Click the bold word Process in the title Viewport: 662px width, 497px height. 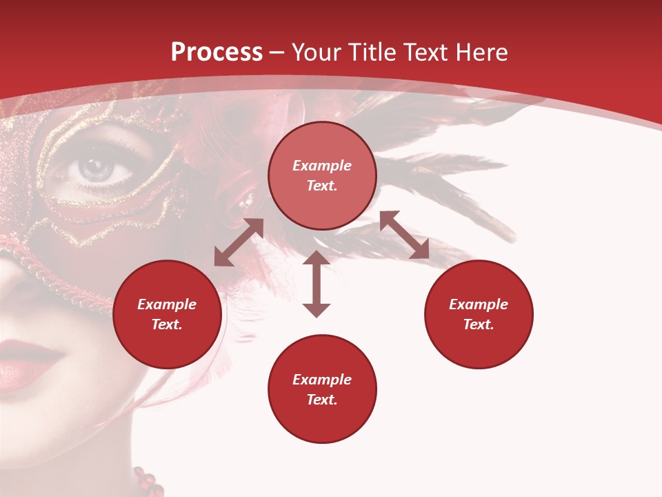[217, 52]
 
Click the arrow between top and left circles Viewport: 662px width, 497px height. [239, 242]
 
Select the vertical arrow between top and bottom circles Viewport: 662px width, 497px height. [317, 284]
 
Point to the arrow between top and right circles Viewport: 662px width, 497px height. [404, 235]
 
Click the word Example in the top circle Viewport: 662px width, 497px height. [322, 166]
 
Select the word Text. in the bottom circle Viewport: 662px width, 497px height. [322, 400]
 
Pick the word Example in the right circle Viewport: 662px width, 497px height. [479, 304]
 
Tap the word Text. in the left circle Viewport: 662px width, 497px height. [167, 324]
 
